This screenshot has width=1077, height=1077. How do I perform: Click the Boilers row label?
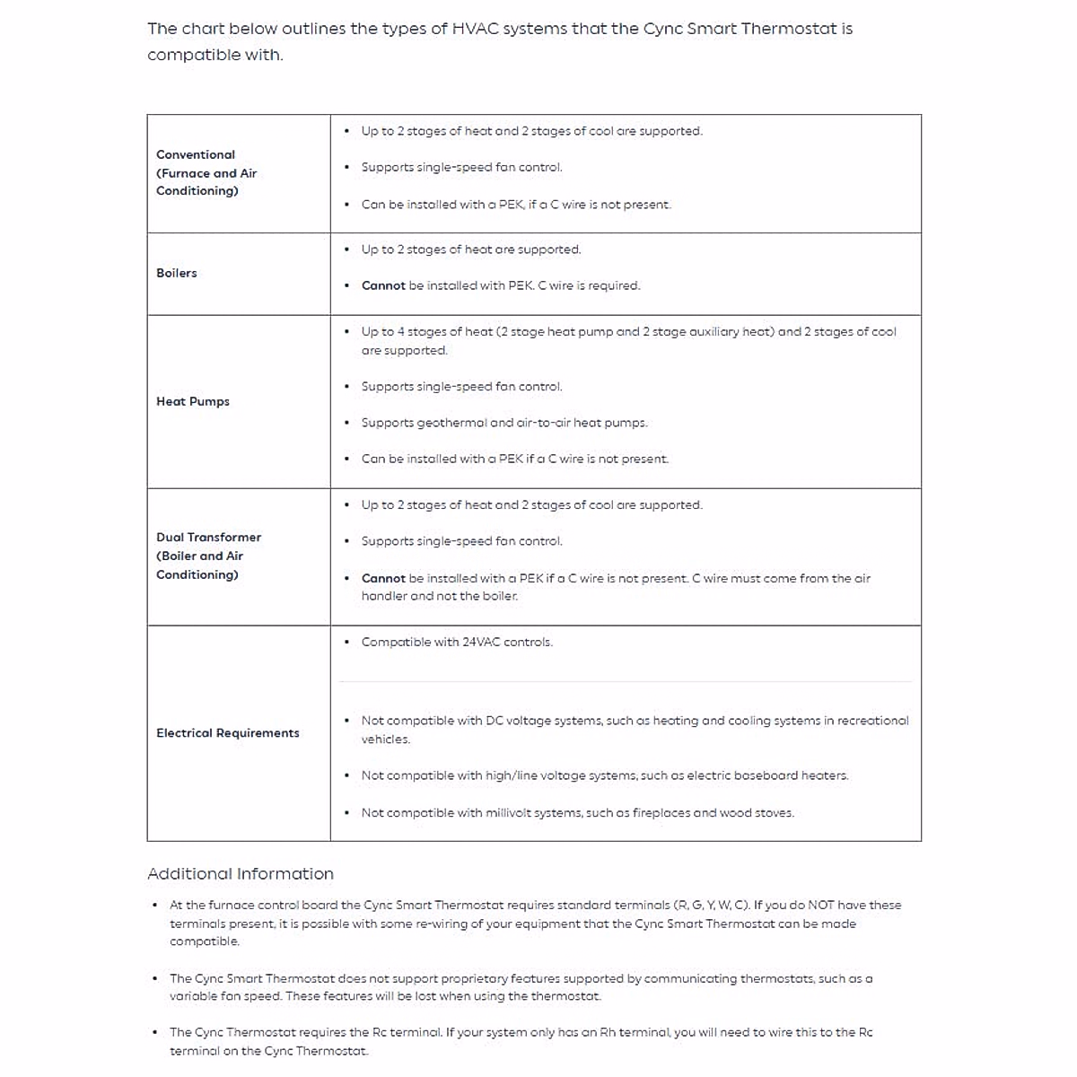tap(176, 273)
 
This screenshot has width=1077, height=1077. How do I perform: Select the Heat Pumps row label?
tap(192, 401)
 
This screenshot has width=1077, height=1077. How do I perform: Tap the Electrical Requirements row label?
tap(227, 733)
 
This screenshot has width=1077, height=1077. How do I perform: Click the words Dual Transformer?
tap(208, 537)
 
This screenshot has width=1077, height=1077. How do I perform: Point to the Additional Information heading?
tap(240, 874)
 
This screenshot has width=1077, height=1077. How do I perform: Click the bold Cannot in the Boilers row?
tap(383, 285)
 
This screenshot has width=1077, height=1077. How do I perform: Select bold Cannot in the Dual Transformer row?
tap(383, 578)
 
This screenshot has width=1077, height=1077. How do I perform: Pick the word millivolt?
tap(511, 813)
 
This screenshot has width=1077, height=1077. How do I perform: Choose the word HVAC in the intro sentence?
tap(474, 29)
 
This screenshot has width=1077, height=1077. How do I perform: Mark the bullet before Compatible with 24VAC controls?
tap(347, 642)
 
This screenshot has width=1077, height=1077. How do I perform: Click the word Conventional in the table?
tap(196, 154)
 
